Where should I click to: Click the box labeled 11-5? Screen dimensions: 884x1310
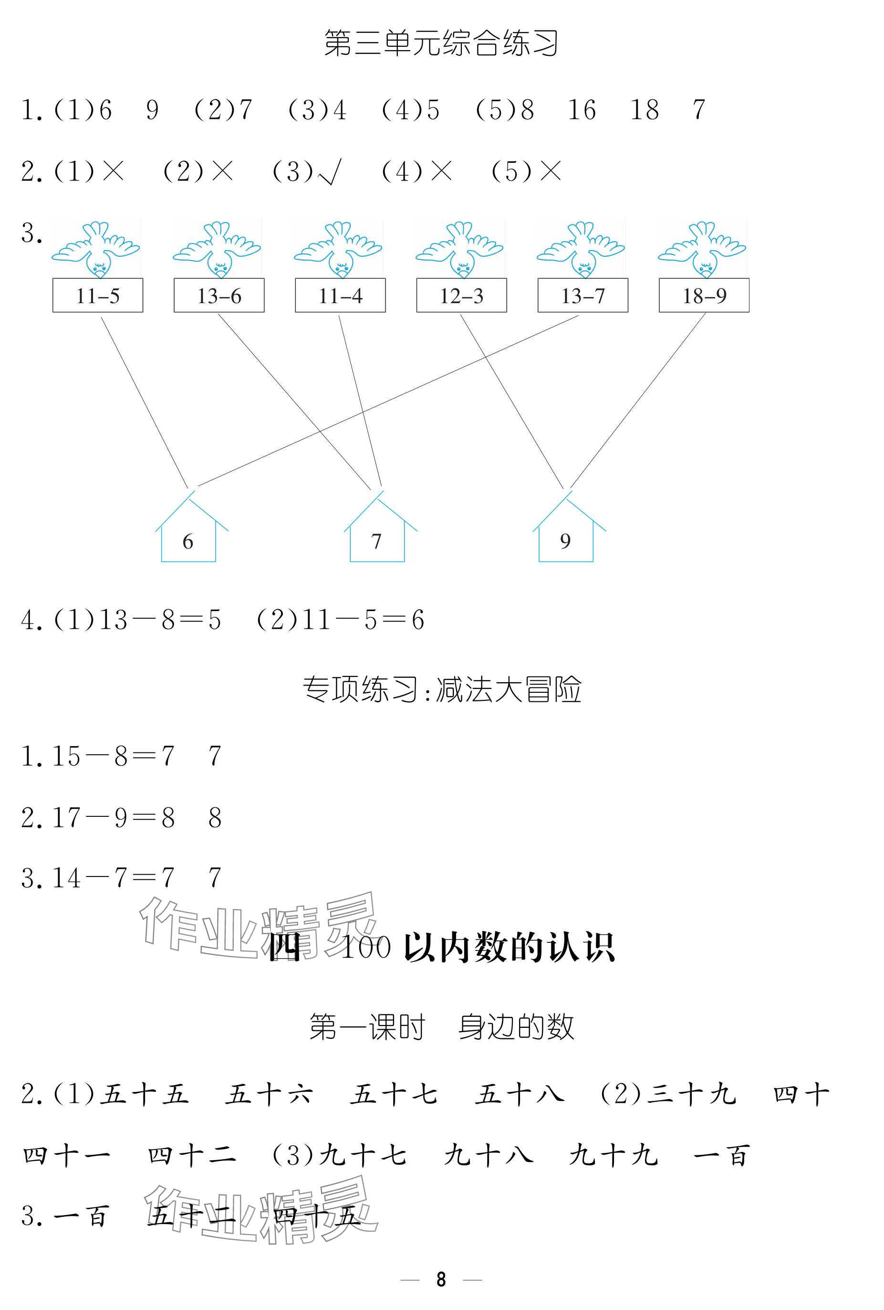(x=97, y=296)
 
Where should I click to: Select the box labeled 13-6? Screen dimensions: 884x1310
(x=218, y=296)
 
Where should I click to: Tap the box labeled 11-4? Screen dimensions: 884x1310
(x=340, y=296)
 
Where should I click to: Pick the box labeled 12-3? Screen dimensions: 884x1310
(x=461, y=296)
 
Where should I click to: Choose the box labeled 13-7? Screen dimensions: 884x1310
(x=582, y=296)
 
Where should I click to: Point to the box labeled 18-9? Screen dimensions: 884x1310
(x=704, y=296)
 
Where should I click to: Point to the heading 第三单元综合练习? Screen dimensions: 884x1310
(x=441, y=43)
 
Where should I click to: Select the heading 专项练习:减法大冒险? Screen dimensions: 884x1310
(x=441, y=689)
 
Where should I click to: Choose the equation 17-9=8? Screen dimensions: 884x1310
(x=113, y=817)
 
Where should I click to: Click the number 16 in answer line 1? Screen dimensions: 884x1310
(x=582, y=110)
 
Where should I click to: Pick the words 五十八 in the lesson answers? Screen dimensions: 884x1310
(x=519, y=1095)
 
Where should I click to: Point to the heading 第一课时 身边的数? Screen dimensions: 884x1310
(x=441, y=1027)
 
